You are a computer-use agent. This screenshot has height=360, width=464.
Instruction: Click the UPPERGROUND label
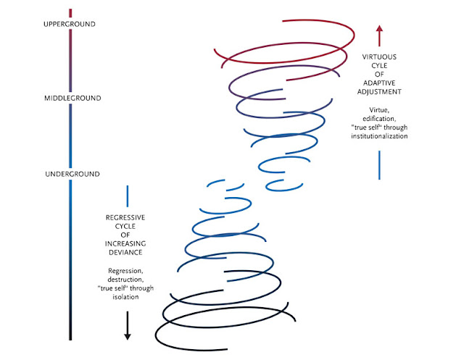(x=70, y=24)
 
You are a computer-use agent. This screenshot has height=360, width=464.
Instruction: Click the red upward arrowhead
(x=379, y=29)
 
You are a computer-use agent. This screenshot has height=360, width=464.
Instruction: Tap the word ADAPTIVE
(x=379, y=83)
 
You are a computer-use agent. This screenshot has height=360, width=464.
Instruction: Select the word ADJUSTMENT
(x=379, y=93)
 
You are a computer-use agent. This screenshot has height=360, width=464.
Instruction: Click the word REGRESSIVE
(x=128, y=218)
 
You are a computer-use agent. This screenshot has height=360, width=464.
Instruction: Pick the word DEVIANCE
(x=128, y=254)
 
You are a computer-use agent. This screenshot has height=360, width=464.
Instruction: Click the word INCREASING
(x=128, y=245)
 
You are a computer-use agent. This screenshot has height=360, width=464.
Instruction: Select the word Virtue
(x=378, y=110)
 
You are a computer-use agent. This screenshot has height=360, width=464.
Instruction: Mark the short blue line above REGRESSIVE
(x=128, y=195)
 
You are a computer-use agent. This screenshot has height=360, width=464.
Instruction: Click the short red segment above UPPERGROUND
(x=70, y=13)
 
